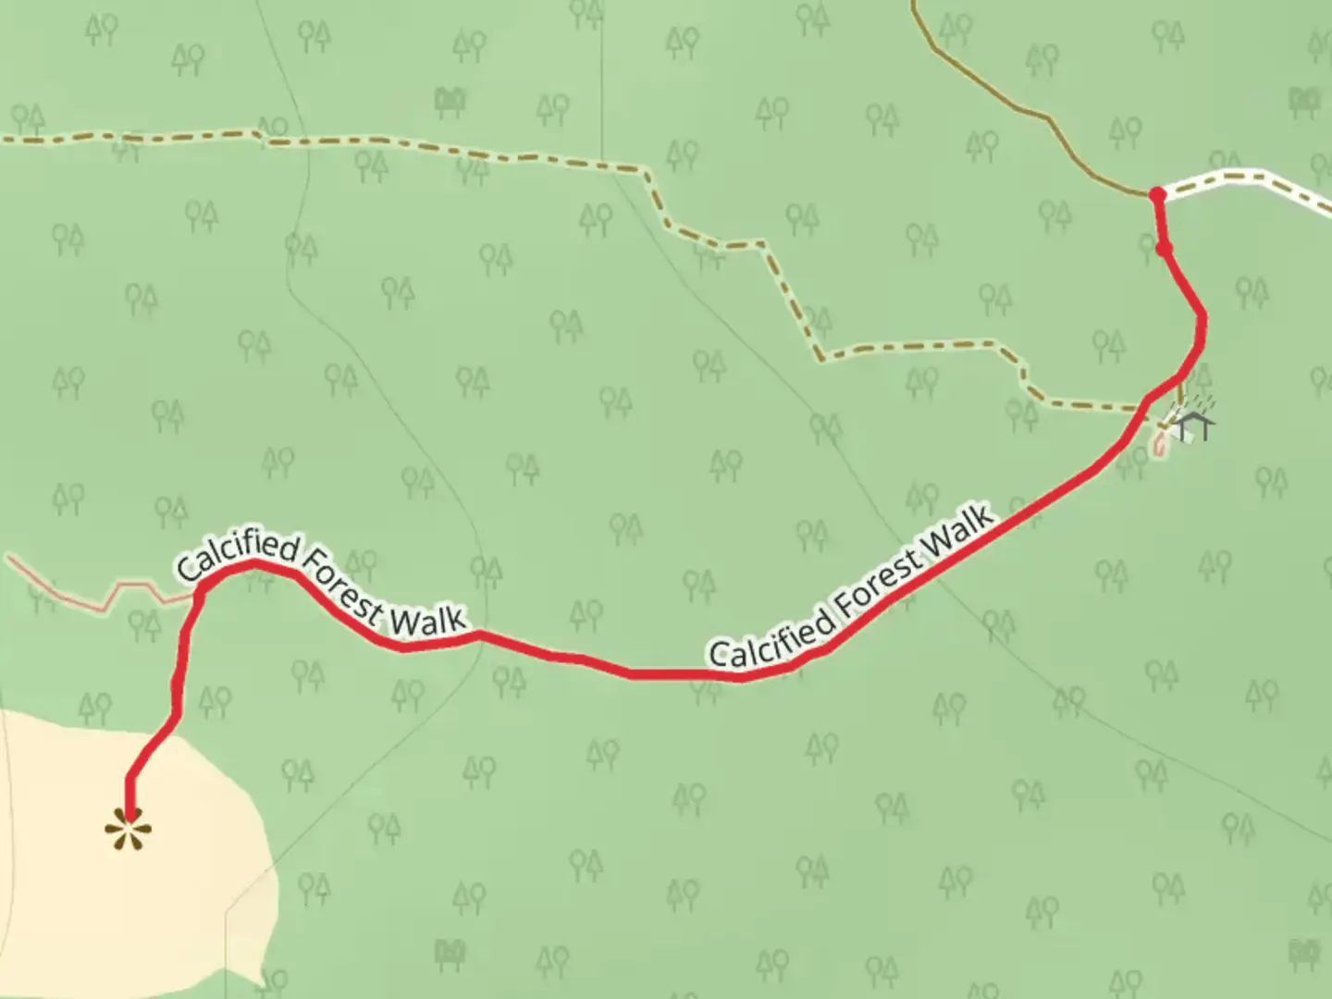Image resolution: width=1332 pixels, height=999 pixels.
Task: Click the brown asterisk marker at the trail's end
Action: point(127,829)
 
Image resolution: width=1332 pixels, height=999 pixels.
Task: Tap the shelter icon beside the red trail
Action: point(1194,426)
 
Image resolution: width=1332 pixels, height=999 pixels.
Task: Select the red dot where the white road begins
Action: point(1156,194)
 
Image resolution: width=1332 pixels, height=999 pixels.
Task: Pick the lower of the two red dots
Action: point(1165,248)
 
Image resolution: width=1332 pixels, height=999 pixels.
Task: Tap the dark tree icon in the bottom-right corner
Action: point(1305,951)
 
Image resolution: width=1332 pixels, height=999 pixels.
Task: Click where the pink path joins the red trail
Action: point(198,598)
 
